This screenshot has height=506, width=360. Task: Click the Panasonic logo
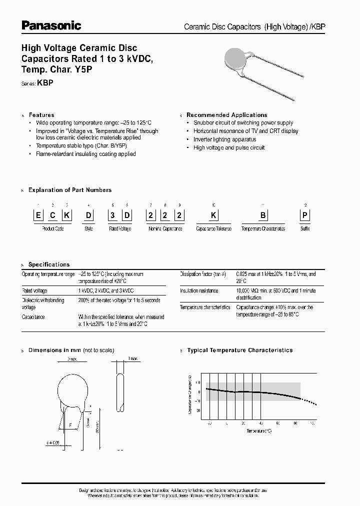(x=51, y=25)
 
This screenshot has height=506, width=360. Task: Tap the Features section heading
(x=41, y=115)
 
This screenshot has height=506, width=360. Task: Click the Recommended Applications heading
(x=226, y=115)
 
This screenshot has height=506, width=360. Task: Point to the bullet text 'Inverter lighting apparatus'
(x=224, y=139)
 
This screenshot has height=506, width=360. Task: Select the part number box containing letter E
(x=38, y=215)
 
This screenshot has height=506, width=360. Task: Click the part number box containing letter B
(x=263, y=215)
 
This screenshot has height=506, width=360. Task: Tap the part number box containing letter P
(x=305, y=215)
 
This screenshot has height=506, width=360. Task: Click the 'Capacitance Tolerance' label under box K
(x=213, y=228)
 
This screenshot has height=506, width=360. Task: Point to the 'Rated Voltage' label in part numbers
(x=120, y=228)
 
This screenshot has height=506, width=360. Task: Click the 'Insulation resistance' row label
(x=199, y=290)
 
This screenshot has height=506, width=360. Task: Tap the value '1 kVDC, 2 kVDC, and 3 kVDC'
(x=106, y=290)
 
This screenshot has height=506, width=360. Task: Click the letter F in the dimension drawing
(x=70, y=425)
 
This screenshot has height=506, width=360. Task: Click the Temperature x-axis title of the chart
(x=259, y=430)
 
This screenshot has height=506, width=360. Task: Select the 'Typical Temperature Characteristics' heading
(x=239, y=350)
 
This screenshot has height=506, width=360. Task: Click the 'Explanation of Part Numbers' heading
(x=70, y=190)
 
